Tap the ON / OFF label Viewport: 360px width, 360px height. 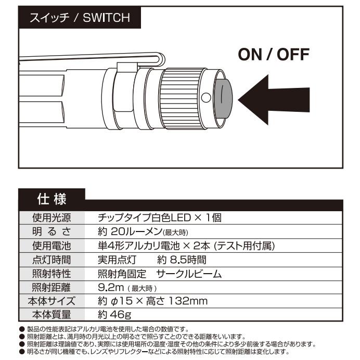click(274, 54)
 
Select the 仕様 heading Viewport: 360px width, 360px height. click(50, 199)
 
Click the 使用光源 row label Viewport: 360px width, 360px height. click(51, 217)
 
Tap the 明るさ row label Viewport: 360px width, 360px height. click(51, 232)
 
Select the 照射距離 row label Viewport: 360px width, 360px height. click(51, 287)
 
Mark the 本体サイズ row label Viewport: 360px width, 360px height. click(51, 301)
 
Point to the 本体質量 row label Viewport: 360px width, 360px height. click(51, 315)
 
